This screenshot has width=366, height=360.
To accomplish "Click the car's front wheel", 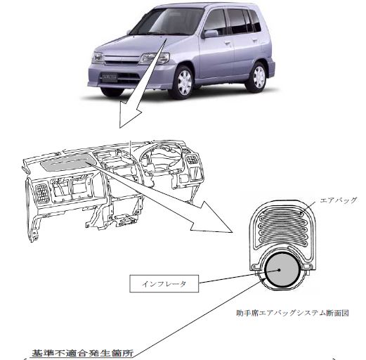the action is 184,82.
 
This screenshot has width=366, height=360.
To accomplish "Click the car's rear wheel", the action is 257,77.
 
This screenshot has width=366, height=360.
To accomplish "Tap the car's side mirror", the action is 210,34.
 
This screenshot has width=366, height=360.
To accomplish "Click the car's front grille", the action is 122,60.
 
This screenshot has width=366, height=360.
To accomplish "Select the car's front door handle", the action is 227,44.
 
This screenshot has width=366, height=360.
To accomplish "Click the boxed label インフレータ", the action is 164,283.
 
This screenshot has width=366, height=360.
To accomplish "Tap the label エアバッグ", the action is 338,200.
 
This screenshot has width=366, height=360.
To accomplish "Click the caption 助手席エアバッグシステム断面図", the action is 292,313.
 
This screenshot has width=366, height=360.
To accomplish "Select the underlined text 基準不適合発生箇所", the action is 83,352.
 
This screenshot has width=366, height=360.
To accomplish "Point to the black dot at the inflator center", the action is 280,270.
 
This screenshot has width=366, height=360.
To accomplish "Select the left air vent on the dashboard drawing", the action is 42,193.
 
